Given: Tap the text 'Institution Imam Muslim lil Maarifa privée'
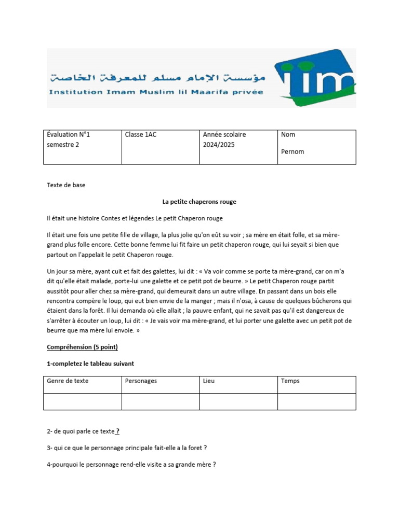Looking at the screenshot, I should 156,92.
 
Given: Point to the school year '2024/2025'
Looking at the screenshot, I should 219,145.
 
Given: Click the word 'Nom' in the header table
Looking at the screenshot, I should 288,135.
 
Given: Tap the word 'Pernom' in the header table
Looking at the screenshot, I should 292,152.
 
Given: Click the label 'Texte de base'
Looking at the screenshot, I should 66,185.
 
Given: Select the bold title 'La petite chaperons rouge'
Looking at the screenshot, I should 199,202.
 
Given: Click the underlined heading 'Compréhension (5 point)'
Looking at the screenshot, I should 86,347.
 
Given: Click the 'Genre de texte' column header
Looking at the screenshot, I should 68,381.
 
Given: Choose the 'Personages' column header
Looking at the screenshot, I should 141,381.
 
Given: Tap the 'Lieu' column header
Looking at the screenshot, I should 209,381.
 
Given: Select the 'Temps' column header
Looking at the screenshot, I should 290,381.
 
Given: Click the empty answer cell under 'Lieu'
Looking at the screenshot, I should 238,402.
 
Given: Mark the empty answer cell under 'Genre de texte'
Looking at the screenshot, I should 83,402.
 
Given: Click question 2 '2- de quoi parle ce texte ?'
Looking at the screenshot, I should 83,431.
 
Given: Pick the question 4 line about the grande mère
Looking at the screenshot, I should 131,465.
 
